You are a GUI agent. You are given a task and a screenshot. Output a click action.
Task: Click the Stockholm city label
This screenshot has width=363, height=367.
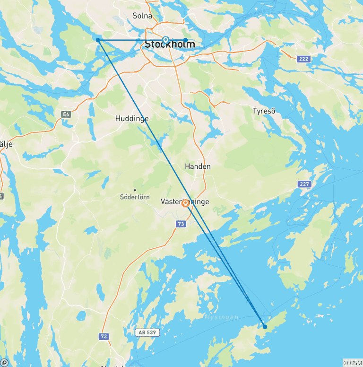(170, 45)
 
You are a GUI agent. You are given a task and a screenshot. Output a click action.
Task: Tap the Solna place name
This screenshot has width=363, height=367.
(142, 16)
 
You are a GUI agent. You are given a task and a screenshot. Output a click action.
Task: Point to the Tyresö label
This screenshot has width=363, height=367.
(264, 111)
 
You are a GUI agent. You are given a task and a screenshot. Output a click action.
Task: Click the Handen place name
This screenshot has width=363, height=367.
(198, 166)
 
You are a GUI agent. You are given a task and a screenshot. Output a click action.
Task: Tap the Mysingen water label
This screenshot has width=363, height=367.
(221, 317)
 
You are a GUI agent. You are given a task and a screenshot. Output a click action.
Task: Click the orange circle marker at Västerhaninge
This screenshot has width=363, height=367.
(186, 203)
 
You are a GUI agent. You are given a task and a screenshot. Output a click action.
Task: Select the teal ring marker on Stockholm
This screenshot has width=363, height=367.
(165, 40)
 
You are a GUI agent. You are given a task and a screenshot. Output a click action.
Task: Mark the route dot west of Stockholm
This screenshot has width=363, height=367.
(98, 40)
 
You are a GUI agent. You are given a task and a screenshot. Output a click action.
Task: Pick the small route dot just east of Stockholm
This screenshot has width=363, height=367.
(185, 40)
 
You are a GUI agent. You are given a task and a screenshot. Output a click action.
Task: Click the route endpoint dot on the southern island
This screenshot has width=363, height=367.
(265, 327)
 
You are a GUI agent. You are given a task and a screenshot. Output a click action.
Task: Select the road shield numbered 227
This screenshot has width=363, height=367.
(304, 183)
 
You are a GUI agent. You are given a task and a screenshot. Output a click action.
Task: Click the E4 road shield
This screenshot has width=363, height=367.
(65, 114)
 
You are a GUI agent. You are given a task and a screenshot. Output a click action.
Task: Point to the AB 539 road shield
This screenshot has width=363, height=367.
(147, 332)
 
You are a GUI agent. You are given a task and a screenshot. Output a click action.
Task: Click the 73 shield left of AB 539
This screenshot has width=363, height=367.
(104, 336)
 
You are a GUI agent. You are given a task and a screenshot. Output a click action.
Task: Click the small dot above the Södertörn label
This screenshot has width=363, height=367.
(135, 190)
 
